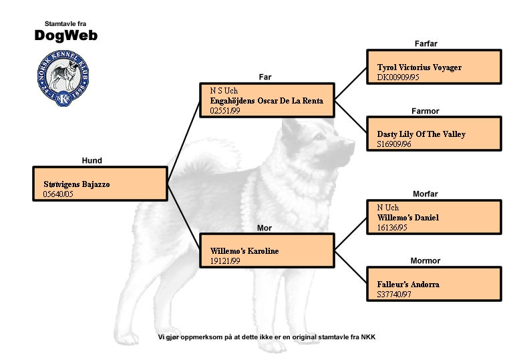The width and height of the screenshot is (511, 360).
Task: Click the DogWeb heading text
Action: tap(66, 35)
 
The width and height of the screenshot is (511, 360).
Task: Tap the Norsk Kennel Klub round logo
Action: tap(63, 79)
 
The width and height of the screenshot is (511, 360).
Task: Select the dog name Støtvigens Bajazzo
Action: tap(77, 184)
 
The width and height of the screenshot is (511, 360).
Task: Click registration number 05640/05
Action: tap(58, 194)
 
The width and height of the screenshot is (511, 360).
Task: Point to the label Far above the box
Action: tap(265, 77)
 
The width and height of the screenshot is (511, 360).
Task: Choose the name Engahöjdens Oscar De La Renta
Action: tap(267, 101)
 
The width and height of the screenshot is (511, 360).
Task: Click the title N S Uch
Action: tap(224, 91)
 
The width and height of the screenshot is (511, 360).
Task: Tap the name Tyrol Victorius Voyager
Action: tap(419, 67)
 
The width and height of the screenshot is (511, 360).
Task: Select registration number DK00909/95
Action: tap(398, 77)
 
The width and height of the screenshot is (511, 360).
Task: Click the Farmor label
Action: tap(425, 111)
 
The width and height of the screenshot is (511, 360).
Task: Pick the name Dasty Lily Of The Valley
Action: tap(421, 134)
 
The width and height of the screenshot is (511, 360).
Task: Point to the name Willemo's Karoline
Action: tap(244, 251)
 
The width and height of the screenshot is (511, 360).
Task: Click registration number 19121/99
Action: tap(225, 261)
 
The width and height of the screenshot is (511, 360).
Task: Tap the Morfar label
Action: tap(425, 194)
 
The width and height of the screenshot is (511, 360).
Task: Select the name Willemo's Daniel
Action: tap(408, 217)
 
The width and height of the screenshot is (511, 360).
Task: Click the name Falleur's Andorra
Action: tap(408, 285)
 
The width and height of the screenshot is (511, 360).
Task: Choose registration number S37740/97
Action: tap(394, 294)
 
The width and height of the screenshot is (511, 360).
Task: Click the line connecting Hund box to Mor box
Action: tap(184, 217)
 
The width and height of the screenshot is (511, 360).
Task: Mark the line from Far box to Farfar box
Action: tap(351, 83)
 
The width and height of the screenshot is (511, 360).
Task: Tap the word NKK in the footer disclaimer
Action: tap(368, 337)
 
